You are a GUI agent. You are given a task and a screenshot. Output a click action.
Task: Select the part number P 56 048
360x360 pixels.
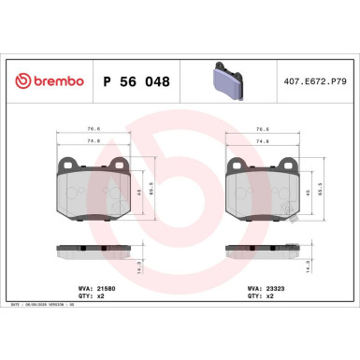pyautogui.click(x=135, y=81)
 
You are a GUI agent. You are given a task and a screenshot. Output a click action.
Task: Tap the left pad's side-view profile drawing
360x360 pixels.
pyautogui.click(x=94, y=252)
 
